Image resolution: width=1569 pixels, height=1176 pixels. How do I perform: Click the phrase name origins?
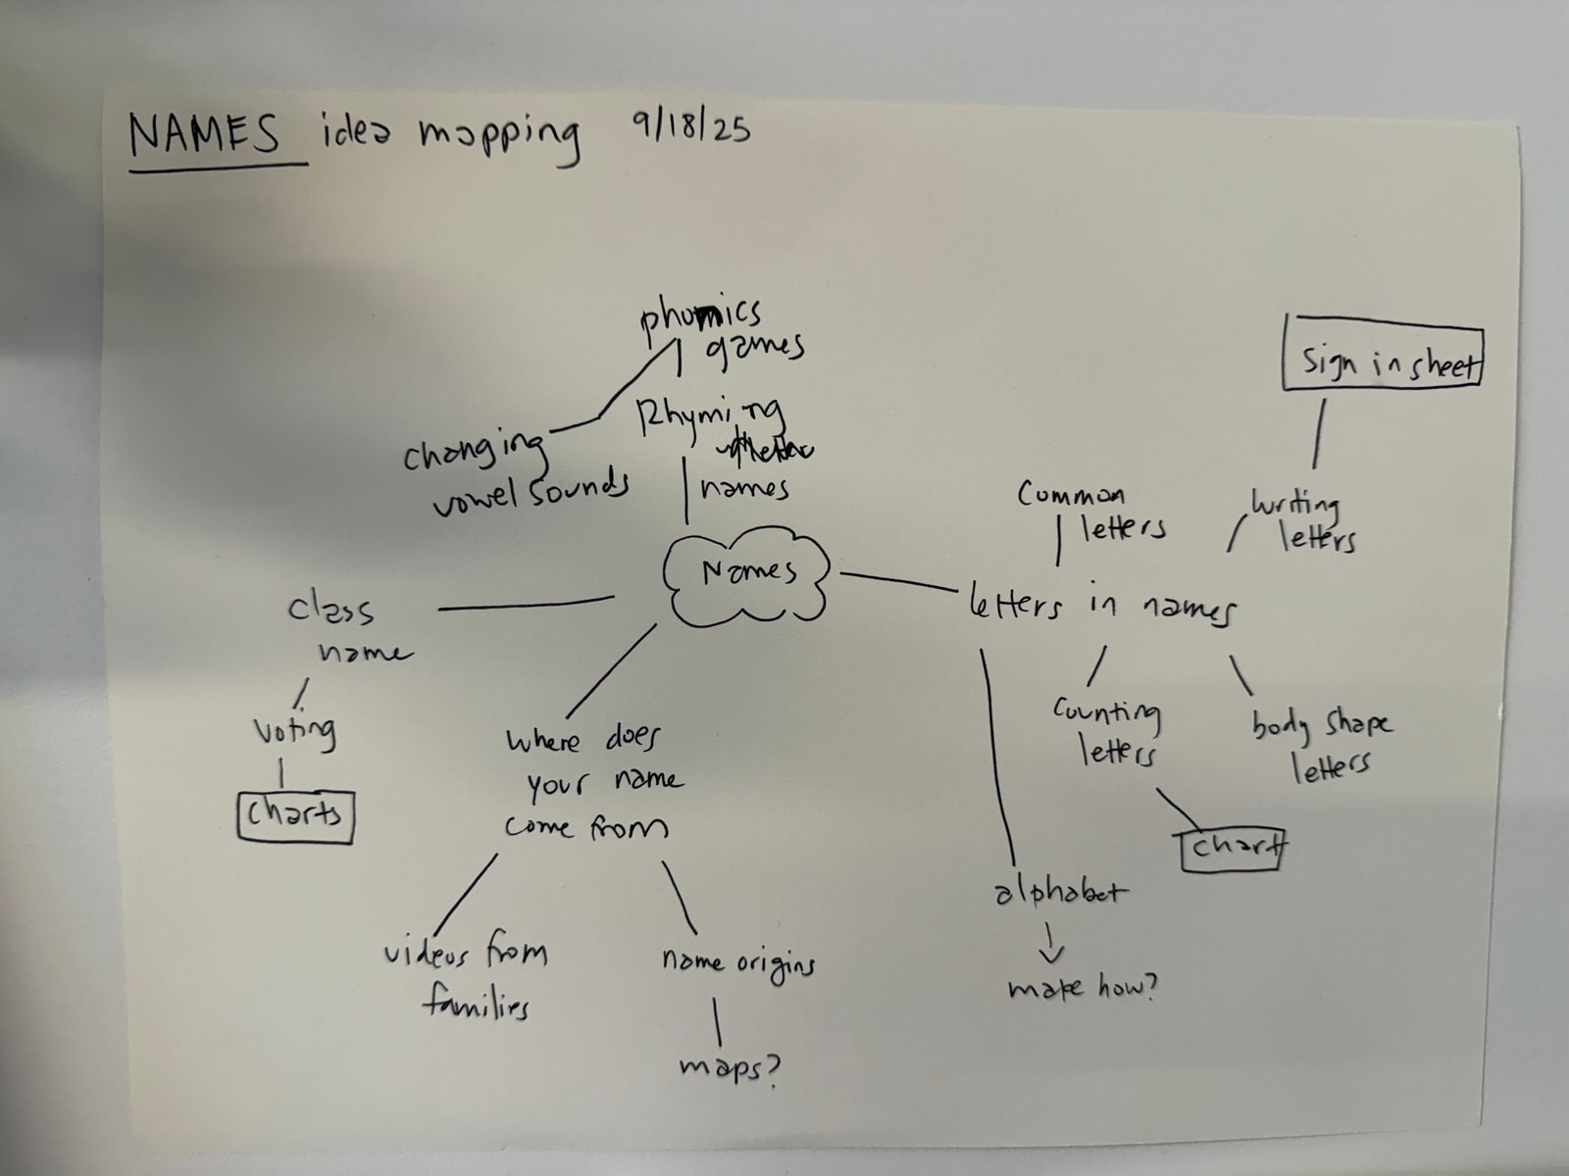tap(737, 962)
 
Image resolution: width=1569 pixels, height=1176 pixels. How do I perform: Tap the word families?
tap(477, 1005)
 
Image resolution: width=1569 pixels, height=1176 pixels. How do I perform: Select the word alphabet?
tap(1060, 893)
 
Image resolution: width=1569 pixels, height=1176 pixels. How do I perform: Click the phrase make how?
tap(1083, 988)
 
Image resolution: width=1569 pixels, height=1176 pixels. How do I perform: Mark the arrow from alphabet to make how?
tap(1051, 943)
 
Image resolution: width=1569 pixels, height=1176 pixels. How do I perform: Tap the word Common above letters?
tap(1071, 495)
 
